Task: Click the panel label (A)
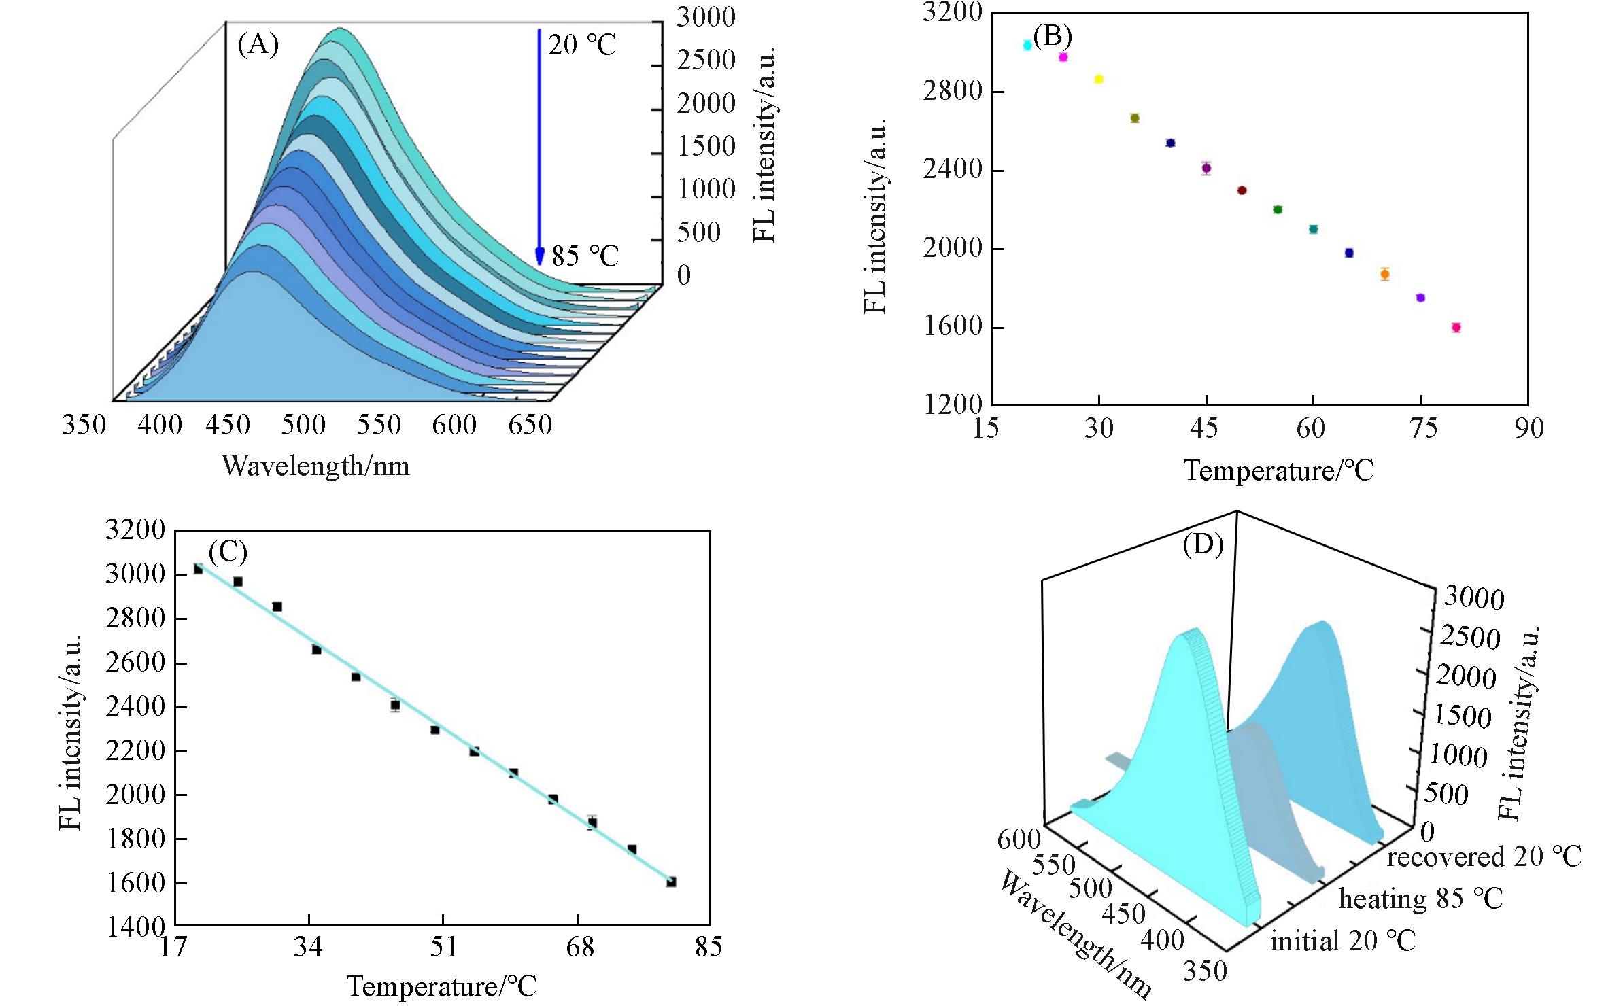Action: [258, 45]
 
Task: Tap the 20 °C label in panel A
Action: [582, 46]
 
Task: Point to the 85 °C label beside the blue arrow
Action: [585, 256]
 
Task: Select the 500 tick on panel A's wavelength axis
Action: [303, 426]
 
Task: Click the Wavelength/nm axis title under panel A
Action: [315, 466]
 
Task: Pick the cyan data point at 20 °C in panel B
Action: [1027, 45]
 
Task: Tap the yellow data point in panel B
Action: [1099, 80]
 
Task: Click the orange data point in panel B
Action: [1385, 275]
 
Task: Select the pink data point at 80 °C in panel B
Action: [1456, 328]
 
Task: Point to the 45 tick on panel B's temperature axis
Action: [1204, 428]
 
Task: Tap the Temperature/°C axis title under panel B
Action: [1278, 470]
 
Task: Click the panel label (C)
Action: [228, 552]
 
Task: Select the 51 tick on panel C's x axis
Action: [443, 947]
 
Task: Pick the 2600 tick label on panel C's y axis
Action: [135, 663]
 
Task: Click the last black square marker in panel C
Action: [671, 882]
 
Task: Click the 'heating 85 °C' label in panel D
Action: [1420, 899]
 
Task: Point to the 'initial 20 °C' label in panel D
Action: [1343, 941]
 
